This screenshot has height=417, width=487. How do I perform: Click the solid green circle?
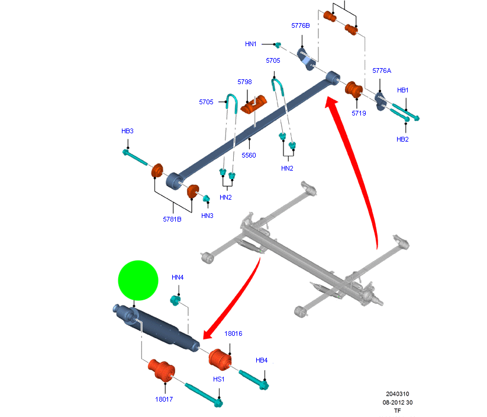[x=138, y=280]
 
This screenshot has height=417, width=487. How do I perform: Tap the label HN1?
[x=251, y=44]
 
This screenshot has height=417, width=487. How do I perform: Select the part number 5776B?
[x=301, y=26]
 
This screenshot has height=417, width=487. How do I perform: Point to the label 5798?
[x=244, y=82]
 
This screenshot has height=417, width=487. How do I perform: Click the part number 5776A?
[x=382, y=70]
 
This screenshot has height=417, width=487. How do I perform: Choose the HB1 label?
[x=403, y=90]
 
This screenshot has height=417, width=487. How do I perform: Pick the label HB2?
[x=402, y=139]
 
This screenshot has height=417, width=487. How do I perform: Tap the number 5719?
[x=359, y=113]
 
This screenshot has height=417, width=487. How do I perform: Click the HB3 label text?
[x=127, y=131]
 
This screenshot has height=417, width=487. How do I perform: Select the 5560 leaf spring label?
[x=249, y=155]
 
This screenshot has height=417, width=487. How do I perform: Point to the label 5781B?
[x=172, y=219]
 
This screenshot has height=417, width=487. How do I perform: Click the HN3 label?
[x=207, y=215]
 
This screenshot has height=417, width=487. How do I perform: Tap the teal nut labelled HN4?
[x=176, y=299]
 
